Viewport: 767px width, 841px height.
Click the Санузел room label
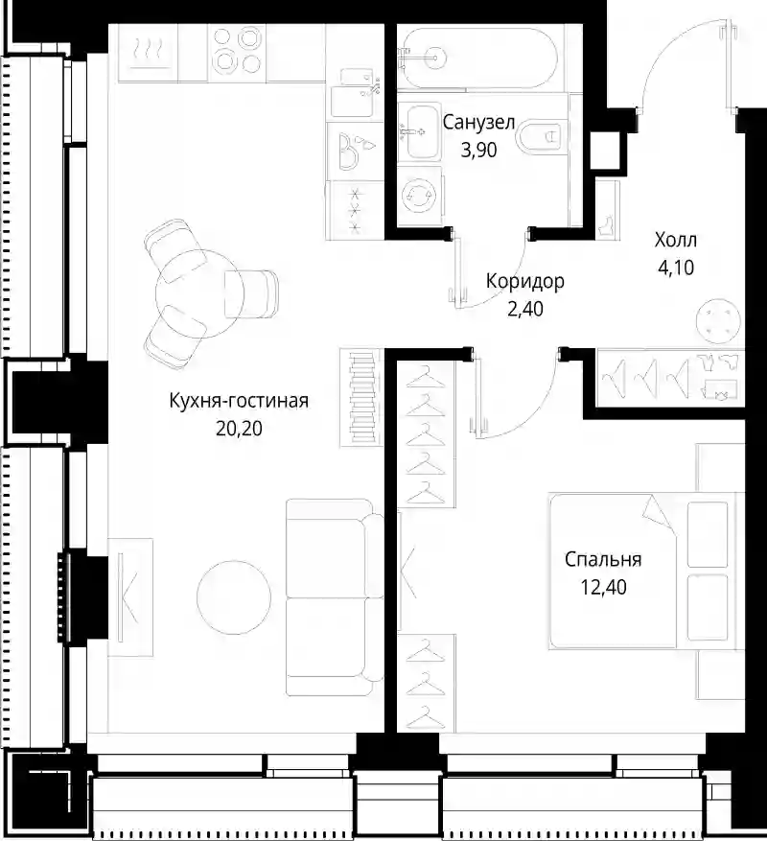[478, 123]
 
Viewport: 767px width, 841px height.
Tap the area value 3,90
[479, 151]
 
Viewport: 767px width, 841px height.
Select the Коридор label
[525, 281]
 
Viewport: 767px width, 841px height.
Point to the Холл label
[675, 240]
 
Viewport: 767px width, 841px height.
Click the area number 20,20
[240, 429]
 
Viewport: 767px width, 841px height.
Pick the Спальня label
[603, 559]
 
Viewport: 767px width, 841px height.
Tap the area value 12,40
[603, 587]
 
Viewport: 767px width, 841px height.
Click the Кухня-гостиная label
[239, 401]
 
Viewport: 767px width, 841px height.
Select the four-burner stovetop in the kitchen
[236, 51]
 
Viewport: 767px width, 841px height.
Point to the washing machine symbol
[421, 197]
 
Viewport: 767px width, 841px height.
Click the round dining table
[199, 292]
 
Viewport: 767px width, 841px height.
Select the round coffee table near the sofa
[234, 597]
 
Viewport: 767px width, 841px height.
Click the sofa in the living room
[335, 597]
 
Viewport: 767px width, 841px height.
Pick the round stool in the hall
[718, 320]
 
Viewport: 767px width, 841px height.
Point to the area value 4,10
[676, 268]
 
